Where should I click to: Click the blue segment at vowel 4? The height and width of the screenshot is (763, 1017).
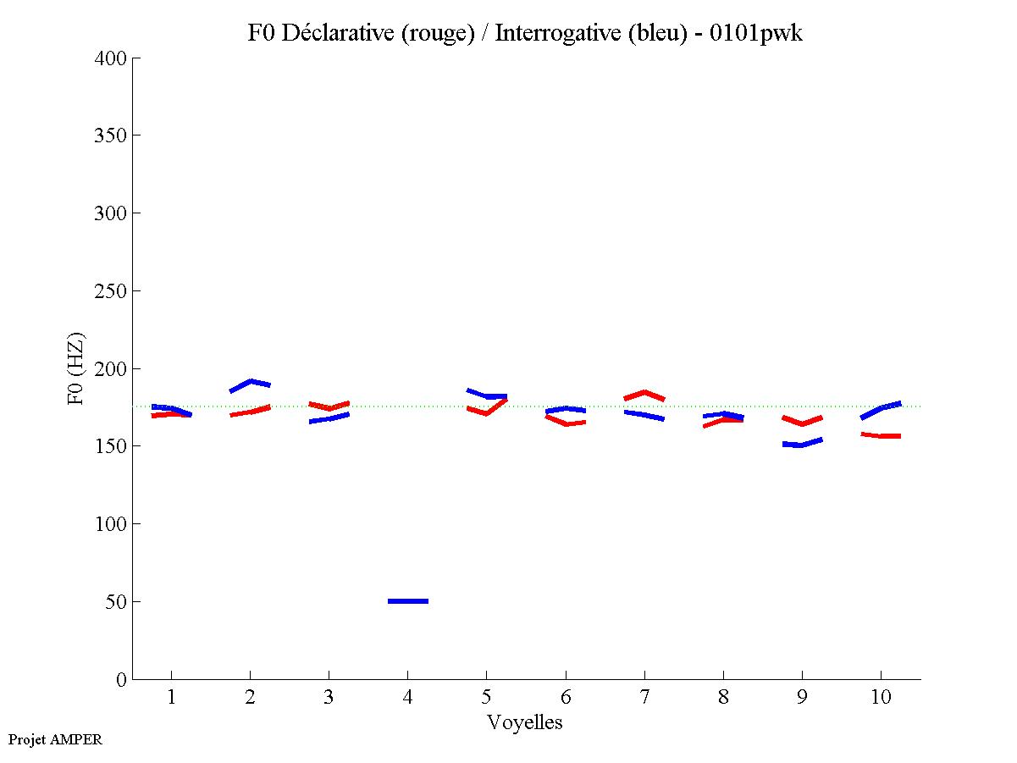click(408, 601)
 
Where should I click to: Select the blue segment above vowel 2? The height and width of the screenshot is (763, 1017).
click(250, 384)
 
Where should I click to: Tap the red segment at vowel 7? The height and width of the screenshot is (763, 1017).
click(644, 394)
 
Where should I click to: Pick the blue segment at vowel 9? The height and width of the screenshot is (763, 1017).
click(802, 443)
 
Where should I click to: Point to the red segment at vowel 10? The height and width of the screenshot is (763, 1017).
click(881, 435)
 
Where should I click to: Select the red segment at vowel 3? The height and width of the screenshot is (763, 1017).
click(329, 406)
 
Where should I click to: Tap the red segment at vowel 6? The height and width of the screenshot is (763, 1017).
click(566, 421)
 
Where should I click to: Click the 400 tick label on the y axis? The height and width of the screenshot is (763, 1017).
click(111, 58)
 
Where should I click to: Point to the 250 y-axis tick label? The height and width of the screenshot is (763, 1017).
click(111, 291)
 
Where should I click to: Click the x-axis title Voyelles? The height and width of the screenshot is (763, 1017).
click(525, 723)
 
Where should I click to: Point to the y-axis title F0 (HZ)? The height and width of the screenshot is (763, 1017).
click(77, 368)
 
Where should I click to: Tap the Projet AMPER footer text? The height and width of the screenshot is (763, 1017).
click(55, 739)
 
